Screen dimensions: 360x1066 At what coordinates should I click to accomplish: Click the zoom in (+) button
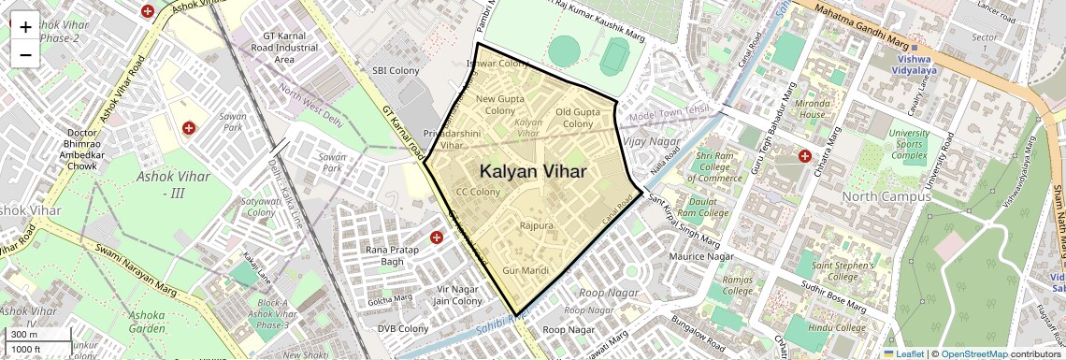pyautogui.click(x=25, y=27)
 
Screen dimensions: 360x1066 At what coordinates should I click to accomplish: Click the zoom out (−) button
pyautogui.click(x=25, y=53)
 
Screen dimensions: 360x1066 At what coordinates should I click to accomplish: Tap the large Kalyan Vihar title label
pyautogui.click(x=533, y=172)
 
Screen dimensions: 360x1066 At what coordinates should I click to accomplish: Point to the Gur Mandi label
pyautogui.click(x=524, y=270)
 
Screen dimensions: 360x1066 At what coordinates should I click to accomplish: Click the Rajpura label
pyautogui.click(x=537, y=226)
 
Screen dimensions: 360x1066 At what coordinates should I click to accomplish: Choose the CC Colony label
pyautogui.click(x=478, y=192)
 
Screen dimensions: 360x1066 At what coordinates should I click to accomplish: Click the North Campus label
pyautogui.click(x=884, y=196)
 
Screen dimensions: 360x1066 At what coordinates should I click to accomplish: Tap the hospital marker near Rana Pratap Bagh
pyautogui.click(x=436, y=238)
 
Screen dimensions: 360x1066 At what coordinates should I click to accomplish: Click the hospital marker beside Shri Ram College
pyautogui.click(x=804, y=156)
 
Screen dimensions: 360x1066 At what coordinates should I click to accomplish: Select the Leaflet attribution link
pyautogui.click(x=903, y=353)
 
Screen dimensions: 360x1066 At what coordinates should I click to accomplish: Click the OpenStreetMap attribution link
pyautogui.click(x=973, y=353)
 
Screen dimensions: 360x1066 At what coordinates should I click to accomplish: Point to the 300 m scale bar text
pyautogui.click(x=23, y=335)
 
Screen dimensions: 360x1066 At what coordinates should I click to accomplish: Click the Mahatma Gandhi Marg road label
pyautogui.click(x=861, y=28)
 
